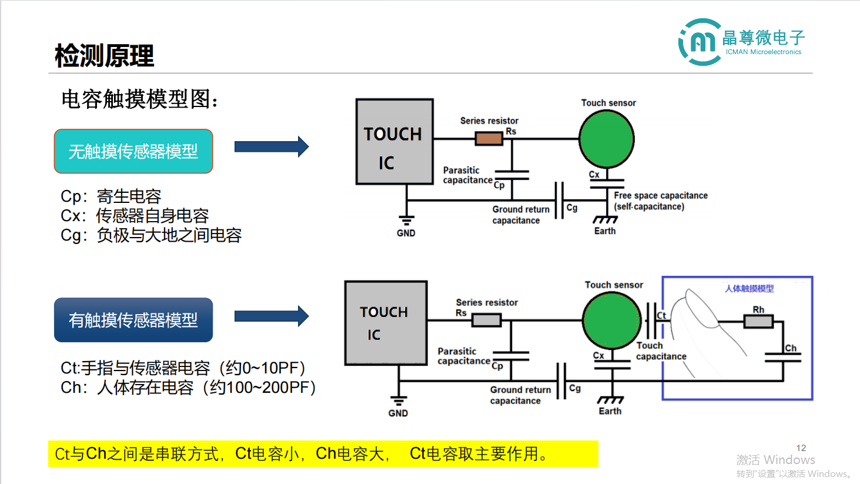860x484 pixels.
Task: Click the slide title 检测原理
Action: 104,56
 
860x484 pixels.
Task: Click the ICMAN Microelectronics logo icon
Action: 700,42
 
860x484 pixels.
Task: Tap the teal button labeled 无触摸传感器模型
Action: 133,152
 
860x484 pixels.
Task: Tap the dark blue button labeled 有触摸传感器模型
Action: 133,320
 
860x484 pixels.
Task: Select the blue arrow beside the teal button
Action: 271,146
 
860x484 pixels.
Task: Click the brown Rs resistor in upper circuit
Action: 489,139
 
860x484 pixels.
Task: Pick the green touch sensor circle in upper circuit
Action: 607,139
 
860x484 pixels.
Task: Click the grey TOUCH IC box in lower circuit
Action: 386,323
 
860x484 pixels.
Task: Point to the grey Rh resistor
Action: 758,321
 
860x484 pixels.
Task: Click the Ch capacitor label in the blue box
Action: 791,348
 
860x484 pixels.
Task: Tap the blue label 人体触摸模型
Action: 749,289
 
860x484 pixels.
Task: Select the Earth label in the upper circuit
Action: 605,231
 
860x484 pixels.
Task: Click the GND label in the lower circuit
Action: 398,413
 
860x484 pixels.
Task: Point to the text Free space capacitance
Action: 661,195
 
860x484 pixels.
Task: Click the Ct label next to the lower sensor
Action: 661,316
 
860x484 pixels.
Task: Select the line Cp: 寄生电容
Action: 111,196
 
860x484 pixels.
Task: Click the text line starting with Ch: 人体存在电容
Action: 188,388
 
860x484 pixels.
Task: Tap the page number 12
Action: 801,448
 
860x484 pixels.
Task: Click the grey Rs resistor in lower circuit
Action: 487,320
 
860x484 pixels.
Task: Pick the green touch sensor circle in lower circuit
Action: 612,321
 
